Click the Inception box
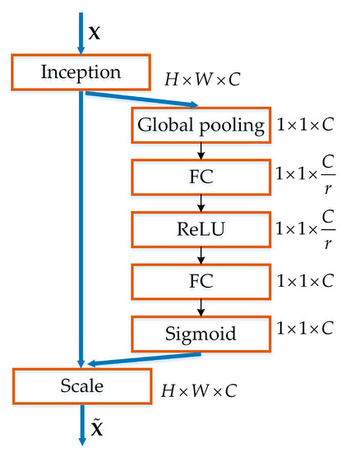[81, 72]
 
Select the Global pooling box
[201, 126]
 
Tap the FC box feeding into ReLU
[201, 177]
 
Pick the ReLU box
[201, 228]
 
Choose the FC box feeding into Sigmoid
[201, 280]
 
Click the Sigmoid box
[201, 332]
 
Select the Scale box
[81, 385]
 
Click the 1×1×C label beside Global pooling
[306, 126]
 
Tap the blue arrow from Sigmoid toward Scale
[144, 359]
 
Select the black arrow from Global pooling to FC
[201, 151]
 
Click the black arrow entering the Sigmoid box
[201, 307]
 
